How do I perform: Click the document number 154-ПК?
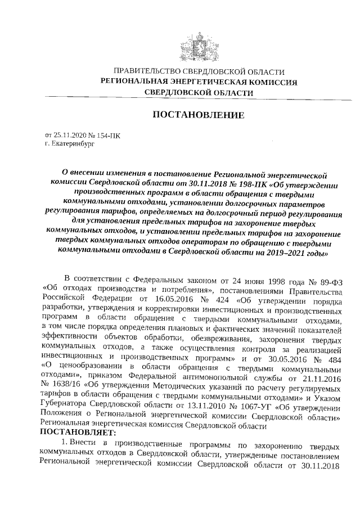(x=108, y=135)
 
